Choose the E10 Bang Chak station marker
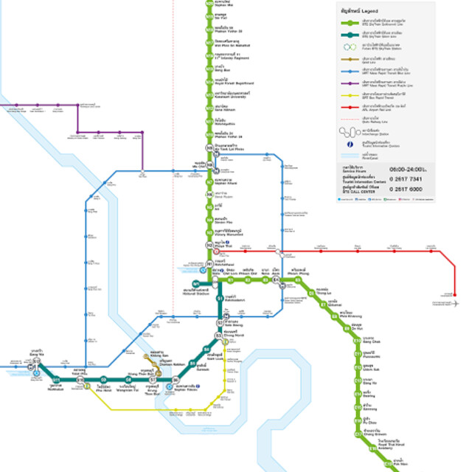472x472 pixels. (x=357, y=339)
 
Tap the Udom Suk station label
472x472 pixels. (x=371, y=368)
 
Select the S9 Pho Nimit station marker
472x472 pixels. (x=104, y=380)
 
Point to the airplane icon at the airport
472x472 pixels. (x=455, y=303)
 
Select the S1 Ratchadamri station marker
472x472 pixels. (x=218, y=298)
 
